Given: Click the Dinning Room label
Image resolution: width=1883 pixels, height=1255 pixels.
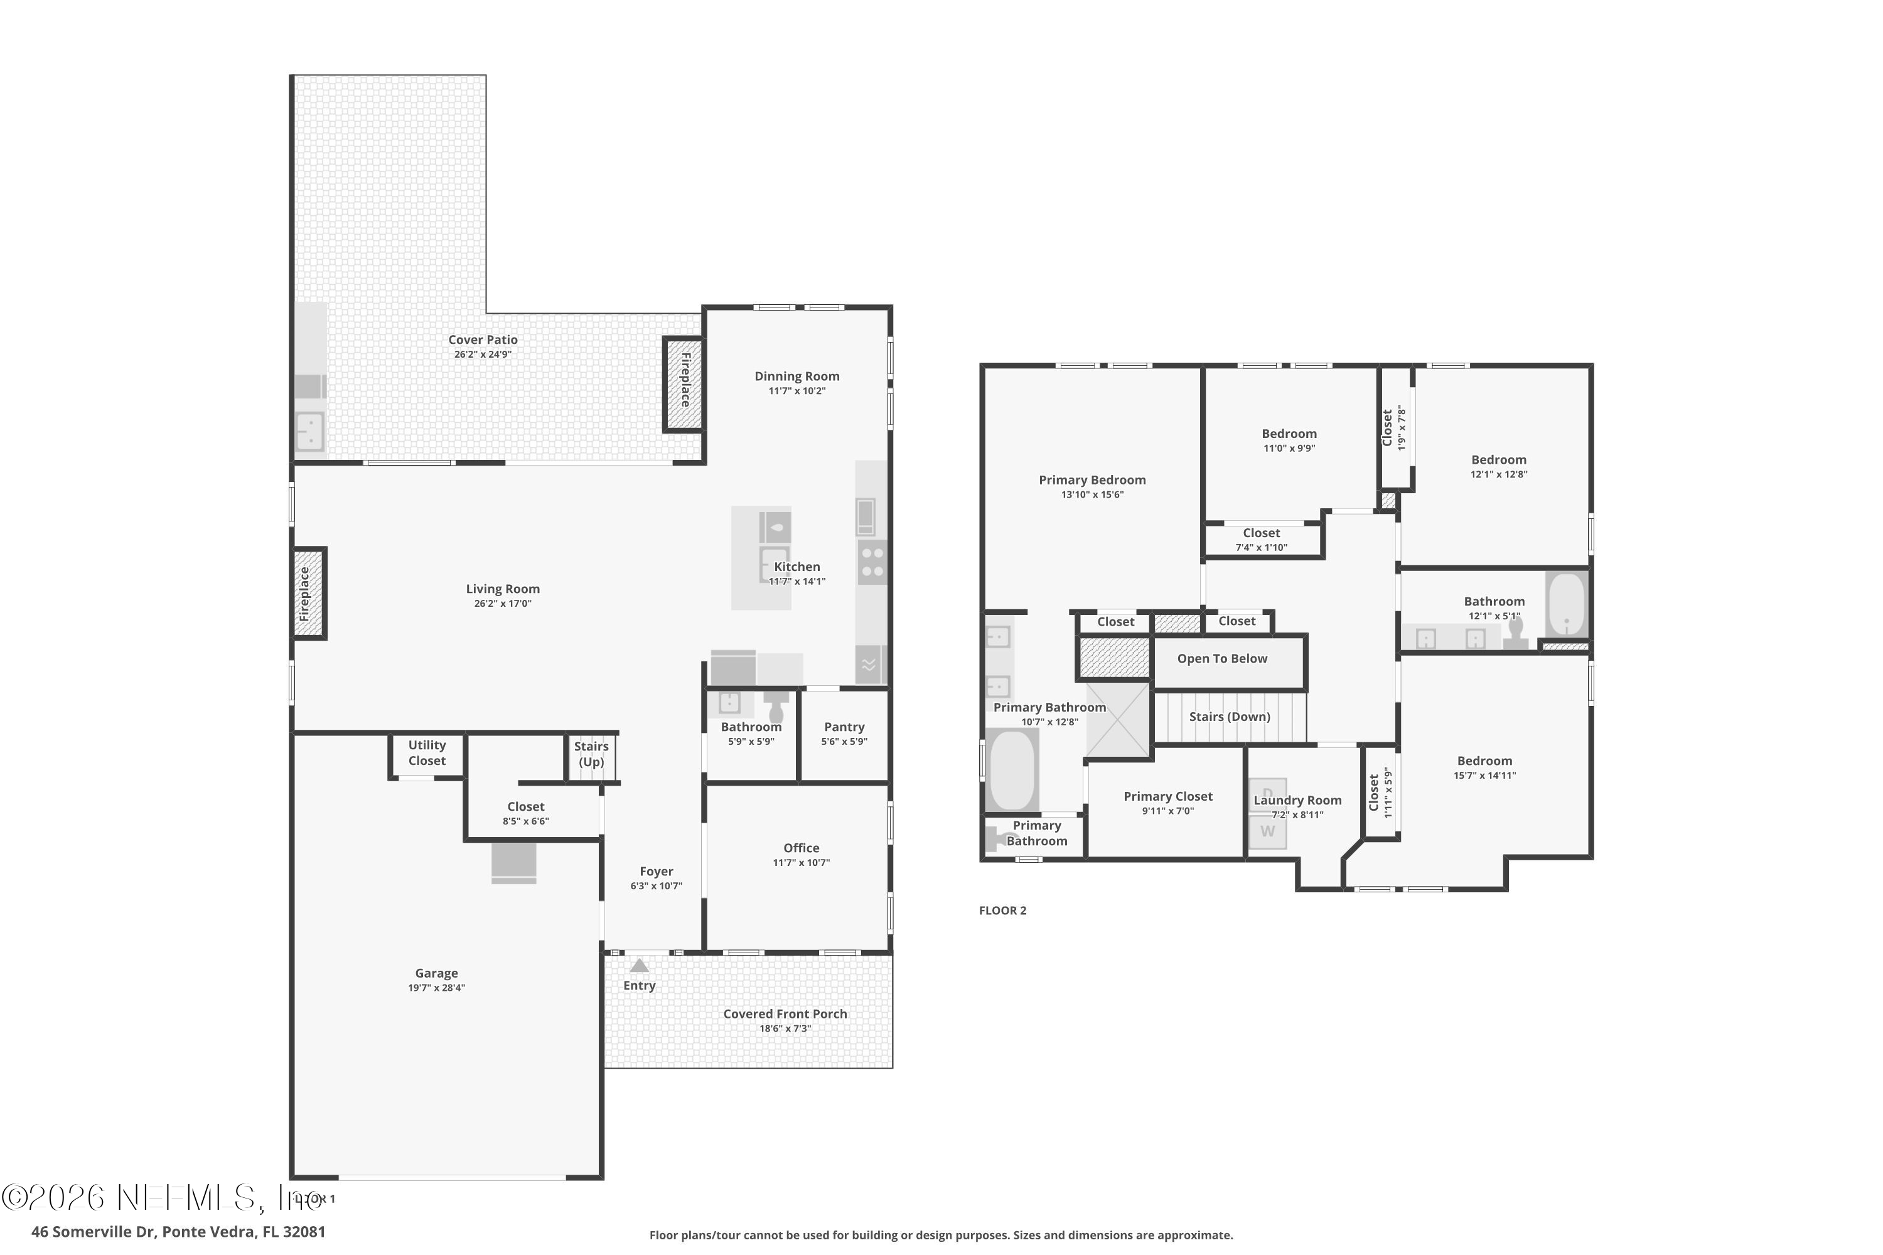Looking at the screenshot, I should tap(797, 376).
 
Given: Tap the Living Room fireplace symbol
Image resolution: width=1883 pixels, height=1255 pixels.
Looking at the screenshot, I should tap(308, 594).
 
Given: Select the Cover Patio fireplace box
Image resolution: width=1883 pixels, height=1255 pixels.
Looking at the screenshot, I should tap(684, 384).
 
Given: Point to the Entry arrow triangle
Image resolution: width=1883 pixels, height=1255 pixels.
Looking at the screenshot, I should tap(639, 965).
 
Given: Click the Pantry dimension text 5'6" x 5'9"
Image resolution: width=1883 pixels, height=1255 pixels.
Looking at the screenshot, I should tap(844, 741).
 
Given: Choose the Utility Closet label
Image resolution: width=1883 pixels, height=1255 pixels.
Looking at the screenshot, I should tap(427, 753).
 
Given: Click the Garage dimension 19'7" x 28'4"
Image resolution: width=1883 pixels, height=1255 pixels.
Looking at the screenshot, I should tap(436, 988).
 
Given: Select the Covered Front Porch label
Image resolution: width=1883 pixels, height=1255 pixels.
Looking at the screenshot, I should tap(785, 1014).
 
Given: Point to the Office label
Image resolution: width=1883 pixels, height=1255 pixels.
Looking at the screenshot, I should tap(802, 848).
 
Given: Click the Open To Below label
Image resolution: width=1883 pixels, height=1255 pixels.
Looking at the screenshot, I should tap(1221, 659).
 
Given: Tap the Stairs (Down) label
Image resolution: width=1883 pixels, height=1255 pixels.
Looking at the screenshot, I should tap(1230, 717).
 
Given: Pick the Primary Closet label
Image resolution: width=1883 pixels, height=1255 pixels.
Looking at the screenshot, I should tap(1167, 796).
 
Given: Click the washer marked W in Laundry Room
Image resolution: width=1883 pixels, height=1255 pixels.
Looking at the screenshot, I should tap(1267, 831).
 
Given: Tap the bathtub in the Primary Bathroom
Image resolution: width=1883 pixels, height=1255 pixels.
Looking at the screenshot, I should tap(1011, 770).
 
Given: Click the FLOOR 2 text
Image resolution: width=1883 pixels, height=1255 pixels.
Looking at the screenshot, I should tap(1002, 910).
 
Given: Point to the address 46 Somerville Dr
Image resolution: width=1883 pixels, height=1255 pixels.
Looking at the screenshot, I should tap(178, 1232).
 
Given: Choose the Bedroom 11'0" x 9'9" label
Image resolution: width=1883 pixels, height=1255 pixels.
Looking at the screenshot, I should tap(1289, 434).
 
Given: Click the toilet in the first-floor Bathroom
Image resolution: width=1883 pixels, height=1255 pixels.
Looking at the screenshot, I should tap(776, 708).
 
